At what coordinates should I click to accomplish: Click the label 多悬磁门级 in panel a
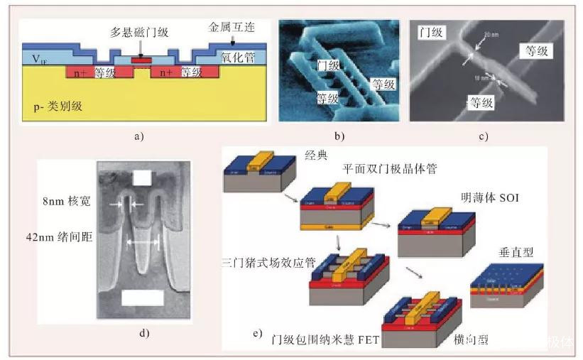136,33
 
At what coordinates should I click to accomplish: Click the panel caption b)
339,136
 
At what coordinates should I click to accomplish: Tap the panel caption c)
483,136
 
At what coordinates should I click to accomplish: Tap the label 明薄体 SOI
490,198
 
